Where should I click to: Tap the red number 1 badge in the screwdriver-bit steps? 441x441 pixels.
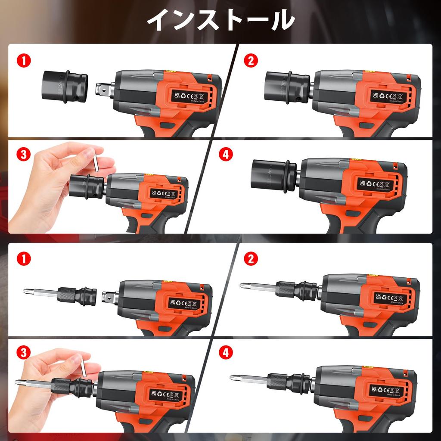click(x=24, y=259)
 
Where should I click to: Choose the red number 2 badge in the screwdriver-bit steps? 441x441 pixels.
click(x=250, y=259)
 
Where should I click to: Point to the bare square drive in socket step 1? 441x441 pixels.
click(x=103, y=90)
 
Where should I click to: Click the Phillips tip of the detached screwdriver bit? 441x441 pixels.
click(x=27, y=292)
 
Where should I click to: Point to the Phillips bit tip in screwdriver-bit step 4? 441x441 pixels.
click(x=234, y=378)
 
